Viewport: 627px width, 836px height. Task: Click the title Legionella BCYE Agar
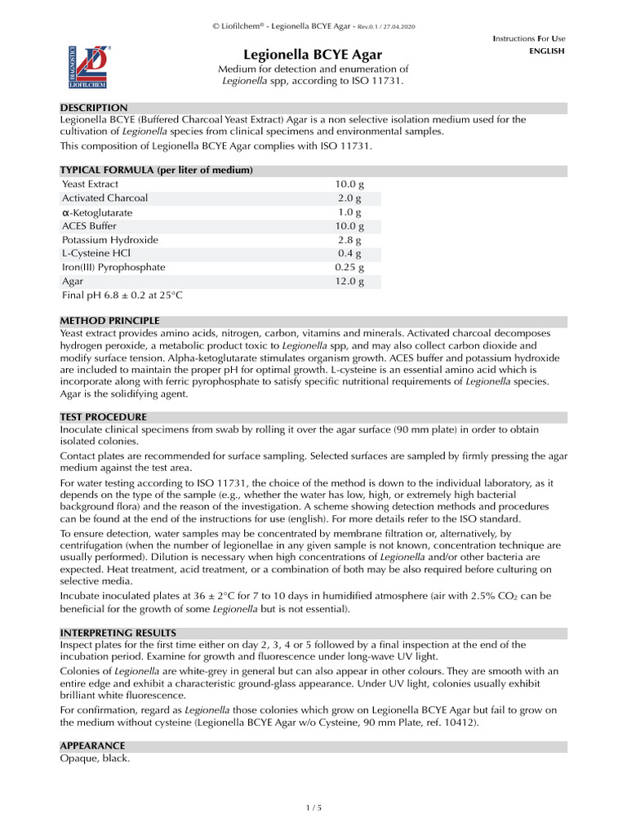click(313, 54)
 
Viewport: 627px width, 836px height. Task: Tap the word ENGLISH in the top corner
click(547, 51)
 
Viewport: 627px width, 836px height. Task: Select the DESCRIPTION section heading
click(94, 108)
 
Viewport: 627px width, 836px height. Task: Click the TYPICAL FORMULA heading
click(156, 170)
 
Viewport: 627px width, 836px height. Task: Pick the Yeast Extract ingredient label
click(91, 185)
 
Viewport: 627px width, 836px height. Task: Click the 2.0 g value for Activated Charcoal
click(349, 198)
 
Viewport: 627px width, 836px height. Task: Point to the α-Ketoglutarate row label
click(97, 212)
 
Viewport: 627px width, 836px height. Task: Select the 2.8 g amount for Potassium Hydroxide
click(349, 240)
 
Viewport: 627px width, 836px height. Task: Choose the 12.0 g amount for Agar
click(349, 281)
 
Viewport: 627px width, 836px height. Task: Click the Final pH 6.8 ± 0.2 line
click(123, 295)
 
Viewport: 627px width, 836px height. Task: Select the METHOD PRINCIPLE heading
click(110, 321)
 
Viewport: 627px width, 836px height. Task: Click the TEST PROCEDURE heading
click(104, 416)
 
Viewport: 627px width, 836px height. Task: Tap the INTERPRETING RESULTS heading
click(118, 633)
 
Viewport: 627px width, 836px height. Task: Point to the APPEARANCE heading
click(93, 746)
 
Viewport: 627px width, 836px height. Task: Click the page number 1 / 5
click(313, 808)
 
